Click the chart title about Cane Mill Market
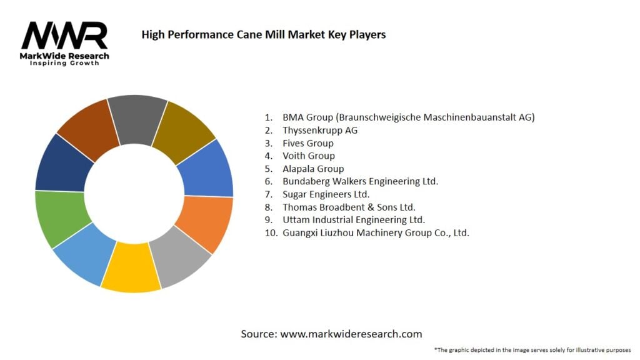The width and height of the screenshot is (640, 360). coord(263,34)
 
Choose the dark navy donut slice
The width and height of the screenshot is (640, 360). coord(61,165)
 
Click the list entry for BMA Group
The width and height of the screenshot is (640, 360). coord(408,117)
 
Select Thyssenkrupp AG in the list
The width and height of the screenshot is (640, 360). coord(320,130)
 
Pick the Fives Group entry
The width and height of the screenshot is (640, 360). coord(307,143)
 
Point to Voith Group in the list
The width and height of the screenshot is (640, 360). coord(308,156)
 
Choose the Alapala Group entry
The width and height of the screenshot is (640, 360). coord(312,169)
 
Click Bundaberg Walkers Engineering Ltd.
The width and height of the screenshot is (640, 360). coord(360,181)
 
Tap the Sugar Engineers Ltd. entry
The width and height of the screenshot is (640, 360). coord(326,194)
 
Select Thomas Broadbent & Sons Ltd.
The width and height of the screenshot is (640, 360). coord(349,207)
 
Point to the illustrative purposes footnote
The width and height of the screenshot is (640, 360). coord(532,349)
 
